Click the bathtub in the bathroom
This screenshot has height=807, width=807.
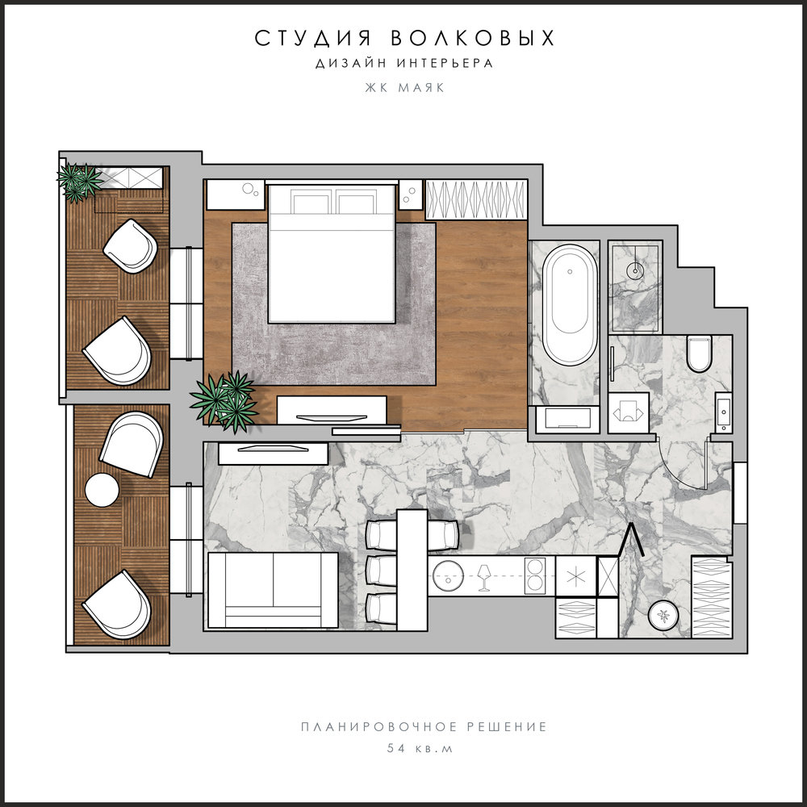pos(571,305)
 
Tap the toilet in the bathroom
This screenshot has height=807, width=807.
pos(700,353)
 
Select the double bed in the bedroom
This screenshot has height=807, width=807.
pos(332,253)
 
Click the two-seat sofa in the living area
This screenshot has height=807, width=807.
pos(273,591)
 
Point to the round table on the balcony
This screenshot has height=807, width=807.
pos(102,490)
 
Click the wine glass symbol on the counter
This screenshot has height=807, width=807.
pos(483,578)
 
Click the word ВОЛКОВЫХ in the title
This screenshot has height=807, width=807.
pos(472,38)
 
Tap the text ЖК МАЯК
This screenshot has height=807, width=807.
pos(404,87)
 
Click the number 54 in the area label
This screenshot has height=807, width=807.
pos(396,748)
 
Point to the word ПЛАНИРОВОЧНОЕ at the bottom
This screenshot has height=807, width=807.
pos(378,727)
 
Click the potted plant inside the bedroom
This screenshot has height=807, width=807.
pos(224,401)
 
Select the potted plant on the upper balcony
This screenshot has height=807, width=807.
pos(79,181)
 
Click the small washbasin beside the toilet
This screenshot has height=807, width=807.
pos(724,412)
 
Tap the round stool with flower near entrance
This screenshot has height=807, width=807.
pos(663,615)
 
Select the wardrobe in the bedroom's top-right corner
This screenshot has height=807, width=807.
pos(476,199)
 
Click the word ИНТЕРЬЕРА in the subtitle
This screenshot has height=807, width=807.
pos(445,63)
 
